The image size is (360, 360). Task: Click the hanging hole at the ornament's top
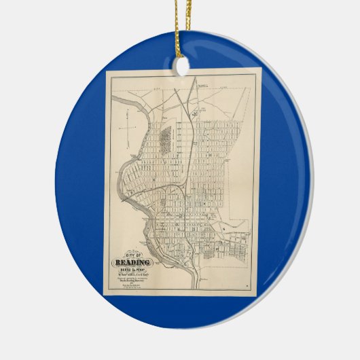point(181,66)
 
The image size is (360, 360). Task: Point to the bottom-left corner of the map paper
point(104,293)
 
